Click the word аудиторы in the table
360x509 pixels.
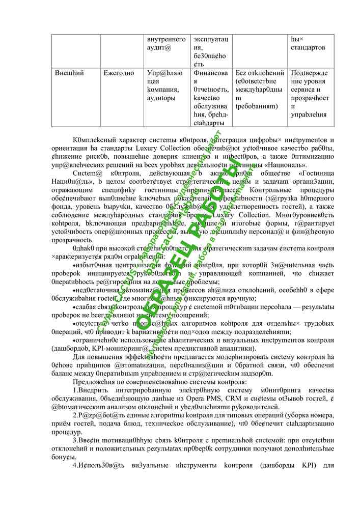(160, 98)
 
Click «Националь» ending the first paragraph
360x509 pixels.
(287, 165)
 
